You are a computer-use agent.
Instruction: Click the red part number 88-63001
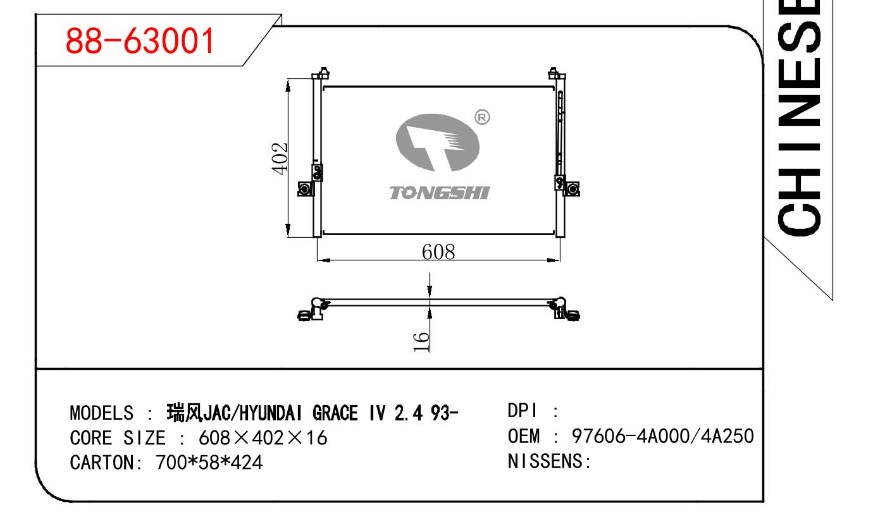tap(140, 40)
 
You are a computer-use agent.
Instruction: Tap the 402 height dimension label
tap(280, 158)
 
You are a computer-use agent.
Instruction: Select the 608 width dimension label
tap(438, 252)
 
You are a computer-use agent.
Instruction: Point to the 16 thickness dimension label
tap(421, 342)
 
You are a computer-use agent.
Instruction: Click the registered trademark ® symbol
tap(482, 117)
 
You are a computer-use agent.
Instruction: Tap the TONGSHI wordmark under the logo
tap(440, 193)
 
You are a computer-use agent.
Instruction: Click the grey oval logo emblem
tap(437, 142)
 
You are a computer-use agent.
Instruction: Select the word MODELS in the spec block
tap(102, 413)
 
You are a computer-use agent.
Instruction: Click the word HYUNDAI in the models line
tap(271, 413)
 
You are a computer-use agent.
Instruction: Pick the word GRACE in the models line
tap(335, 413)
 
